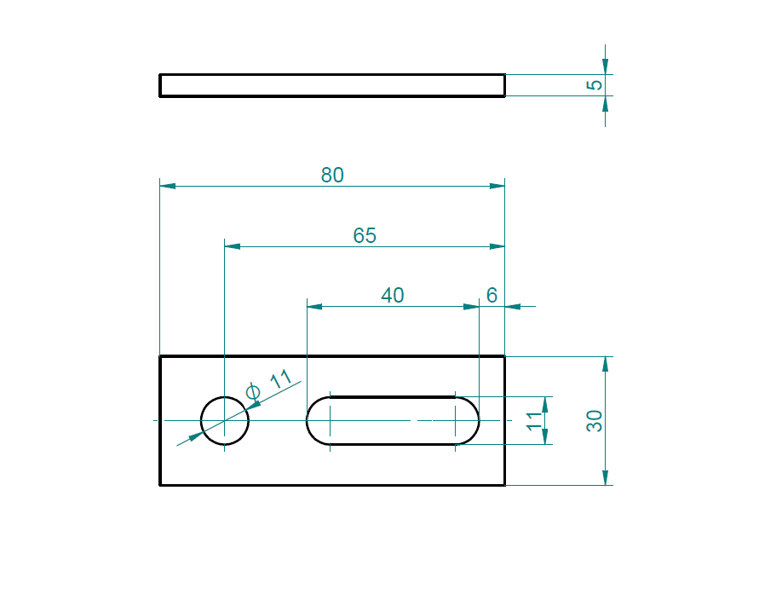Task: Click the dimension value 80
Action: (x=332, y=175)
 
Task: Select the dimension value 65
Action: (x=365, y=235)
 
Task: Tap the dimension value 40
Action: (x=393, y=296)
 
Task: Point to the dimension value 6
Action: (x=492, y=296)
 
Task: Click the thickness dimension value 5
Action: (x=596, y=84)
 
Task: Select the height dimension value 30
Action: (x=595, y=420)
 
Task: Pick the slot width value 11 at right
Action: (x=535, y=420)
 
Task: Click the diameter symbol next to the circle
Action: (x=253, y=391)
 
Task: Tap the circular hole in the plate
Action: (x=225, y=420)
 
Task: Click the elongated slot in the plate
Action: (x=392, y=420)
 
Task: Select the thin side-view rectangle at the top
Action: (x=332, y=85)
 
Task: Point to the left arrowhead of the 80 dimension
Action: (x=167, y=185)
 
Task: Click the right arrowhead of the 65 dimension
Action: (x=497, y=246)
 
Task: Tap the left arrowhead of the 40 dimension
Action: (x=313, y=306)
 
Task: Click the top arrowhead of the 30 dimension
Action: (x=605, y=364)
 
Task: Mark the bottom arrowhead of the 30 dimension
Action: (x=605, y=478)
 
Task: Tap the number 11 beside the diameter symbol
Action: (x=280, y=379)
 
